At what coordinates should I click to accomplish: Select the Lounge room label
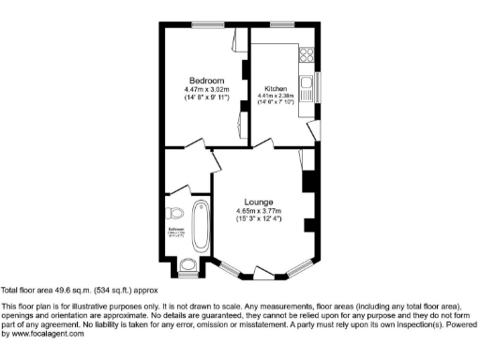[x=259, y=202]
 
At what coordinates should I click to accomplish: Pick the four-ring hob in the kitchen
[x=305, y=55]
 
